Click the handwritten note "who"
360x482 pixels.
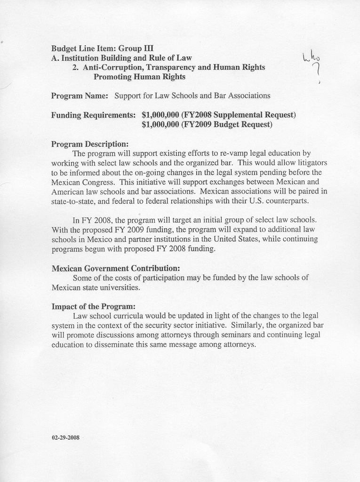click(311, 58)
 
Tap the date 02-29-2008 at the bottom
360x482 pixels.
click(65, 437)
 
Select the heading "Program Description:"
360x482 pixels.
click(90, 144)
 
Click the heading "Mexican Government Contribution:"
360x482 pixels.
click(116, 268)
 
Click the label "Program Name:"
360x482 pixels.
click(80, 96)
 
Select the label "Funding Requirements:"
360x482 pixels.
click(94, 115)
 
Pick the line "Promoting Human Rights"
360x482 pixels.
click(139, 76)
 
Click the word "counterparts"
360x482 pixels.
click(288, 201)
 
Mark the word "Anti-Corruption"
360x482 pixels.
click(110, 67)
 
